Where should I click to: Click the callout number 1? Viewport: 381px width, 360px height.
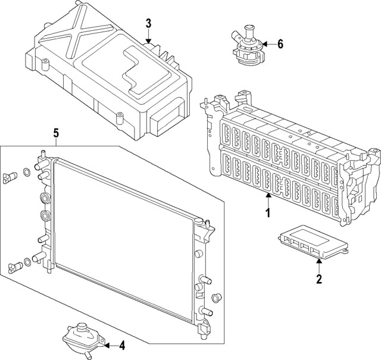[268, 213]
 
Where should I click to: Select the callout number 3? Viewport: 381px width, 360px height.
[148, 24]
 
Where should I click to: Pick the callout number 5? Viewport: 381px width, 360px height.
[55, 134]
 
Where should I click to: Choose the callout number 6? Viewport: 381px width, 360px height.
[280, 43]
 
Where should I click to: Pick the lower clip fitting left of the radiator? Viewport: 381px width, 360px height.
[13, 265]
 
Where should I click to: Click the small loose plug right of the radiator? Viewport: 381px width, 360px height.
[216, 297]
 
